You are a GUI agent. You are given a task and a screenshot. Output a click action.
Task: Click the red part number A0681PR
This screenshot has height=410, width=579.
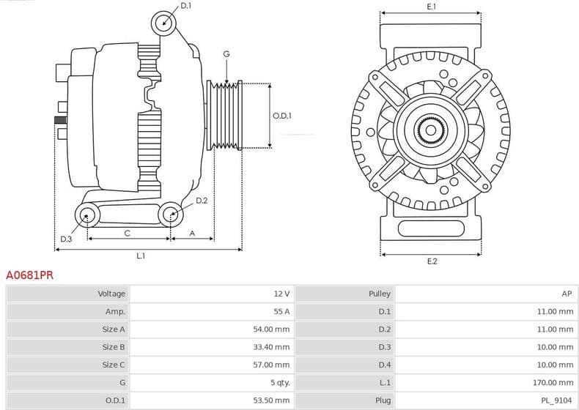click(29, 276)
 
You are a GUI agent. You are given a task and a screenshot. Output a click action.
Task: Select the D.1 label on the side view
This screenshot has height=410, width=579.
click(185, 6)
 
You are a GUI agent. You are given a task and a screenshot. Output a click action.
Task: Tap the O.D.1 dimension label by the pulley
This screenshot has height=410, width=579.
click(282, 116)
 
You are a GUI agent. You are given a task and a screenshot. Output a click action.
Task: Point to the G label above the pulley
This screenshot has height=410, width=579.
click(226, 54)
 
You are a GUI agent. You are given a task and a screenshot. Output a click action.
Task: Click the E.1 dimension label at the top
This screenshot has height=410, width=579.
click(432, 6)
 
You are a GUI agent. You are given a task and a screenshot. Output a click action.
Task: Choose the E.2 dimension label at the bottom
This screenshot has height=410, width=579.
click(432, 261)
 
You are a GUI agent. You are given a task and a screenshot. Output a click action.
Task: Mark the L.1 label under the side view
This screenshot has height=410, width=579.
click(141, 256)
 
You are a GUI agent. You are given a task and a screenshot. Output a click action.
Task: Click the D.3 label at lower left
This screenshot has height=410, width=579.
click(66, 239)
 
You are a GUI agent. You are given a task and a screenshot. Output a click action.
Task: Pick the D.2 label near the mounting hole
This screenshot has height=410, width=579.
click(202, 200)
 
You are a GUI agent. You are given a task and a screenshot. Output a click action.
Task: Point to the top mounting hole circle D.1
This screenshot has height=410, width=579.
click(164, 23)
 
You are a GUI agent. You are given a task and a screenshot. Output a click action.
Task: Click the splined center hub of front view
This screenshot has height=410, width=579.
click(431, 132)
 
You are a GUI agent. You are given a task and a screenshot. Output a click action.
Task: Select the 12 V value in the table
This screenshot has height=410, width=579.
click(281, 294)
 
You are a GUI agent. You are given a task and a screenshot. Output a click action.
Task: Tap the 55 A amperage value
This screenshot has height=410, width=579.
click(281, 311)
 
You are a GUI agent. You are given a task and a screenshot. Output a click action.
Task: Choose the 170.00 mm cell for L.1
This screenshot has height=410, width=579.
click(553, 382)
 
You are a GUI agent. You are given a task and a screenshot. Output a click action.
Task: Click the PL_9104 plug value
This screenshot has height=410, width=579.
click(558, 400)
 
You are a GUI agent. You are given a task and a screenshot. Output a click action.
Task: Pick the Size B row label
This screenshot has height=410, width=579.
click(114, 347)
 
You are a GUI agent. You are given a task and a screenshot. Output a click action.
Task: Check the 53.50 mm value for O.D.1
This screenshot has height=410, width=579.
click(271, 400)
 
